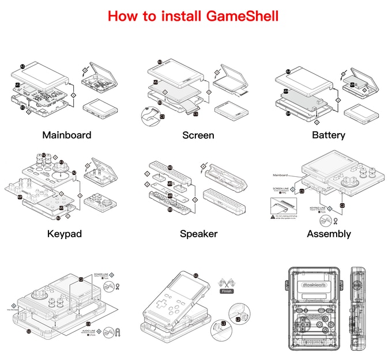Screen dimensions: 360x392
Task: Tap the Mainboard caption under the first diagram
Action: coord(67,135)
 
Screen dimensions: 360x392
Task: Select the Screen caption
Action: coord(198,135)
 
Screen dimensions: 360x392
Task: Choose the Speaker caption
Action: coord(198,234)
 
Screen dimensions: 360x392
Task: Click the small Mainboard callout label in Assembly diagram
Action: coord(280,173)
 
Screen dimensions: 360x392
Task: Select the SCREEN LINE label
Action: coord(282,188)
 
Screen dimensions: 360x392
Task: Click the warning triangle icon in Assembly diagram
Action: coord(272,217)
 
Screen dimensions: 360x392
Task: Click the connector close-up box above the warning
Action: coord(282,205)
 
